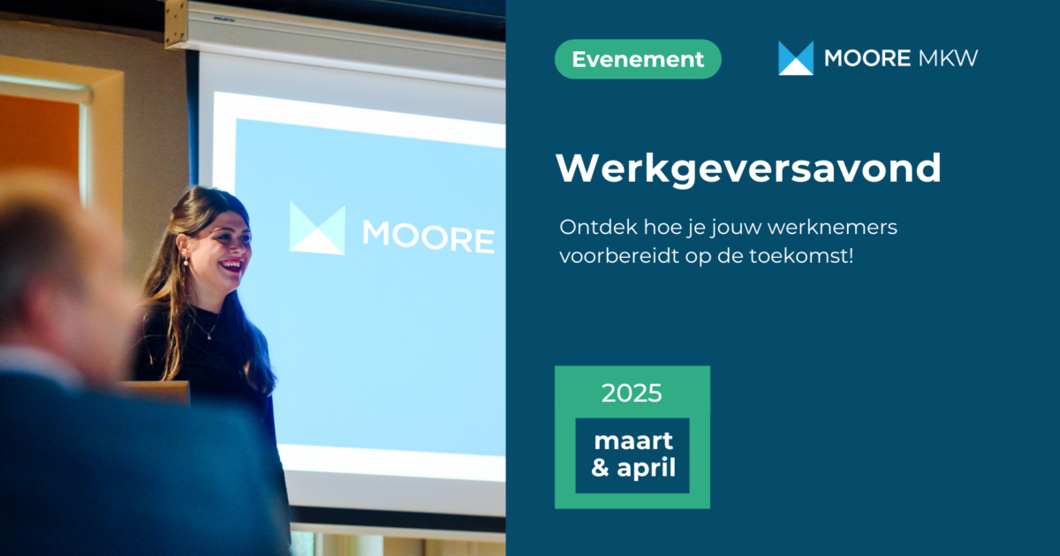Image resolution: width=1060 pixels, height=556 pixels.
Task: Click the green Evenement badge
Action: (x=638, y=59)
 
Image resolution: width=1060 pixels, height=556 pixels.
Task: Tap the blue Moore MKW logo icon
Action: (x=795, y=58)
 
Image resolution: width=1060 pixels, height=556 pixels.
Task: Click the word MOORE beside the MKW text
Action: (x=867, y=58)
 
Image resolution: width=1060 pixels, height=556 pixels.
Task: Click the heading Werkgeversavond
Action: (x=748, y=169)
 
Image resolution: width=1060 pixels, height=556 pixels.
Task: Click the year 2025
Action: (x=632, y=393)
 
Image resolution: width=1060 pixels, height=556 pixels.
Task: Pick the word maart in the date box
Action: (x=632, y=440)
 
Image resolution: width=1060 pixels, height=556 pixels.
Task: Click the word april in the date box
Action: (x=646, y=469)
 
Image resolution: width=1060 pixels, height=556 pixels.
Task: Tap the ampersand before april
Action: (x=601, y=468)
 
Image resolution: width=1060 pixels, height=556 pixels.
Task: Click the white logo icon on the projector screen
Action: (x=317, y=229)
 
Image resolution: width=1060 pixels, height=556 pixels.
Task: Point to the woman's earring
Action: (x=185, y=260)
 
